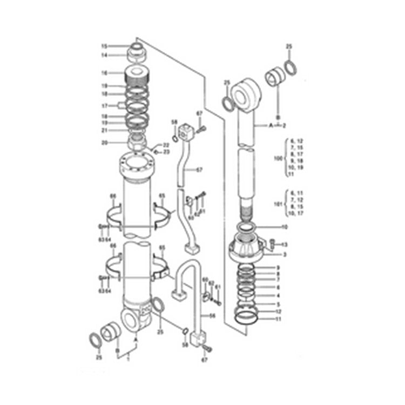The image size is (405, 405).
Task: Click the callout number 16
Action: [105, 72]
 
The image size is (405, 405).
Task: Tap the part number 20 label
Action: [105, 143]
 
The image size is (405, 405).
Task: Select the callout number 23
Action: [166, 152]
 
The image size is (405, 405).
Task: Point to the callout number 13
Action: [285, 245]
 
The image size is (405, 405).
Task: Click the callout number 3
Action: [285, 254]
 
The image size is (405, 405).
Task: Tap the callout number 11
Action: [278, 319]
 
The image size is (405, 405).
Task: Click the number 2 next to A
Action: [283, 125]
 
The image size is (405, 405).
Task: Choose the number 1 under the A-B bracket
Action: [128, 359]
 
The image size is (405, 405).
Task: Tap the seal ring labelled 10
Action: [249, 229]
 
